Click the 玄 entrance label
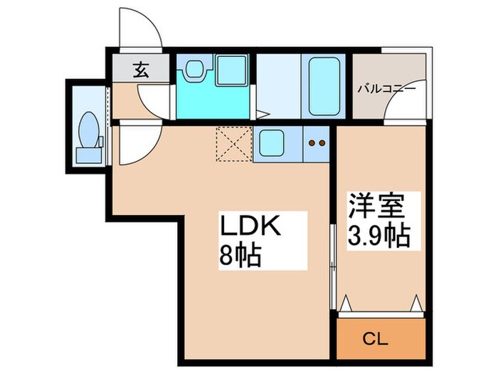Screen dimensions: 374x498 pyautogui.click(x=140, y=70)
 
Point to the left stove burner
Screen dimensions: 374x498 pyautogui.click(x=312, y=142)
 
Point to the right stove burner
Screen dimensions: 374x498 pyautogui.click(x=322, y=142)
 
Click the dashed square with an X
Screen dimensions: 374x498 pyautogui.click(x=231, y=145)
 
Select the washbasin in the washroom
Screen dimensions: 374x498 pyautogui.click(x=194, y=69)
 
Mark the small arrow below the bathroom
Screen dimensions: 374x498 pyautogui.click(x=263, y=113)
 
